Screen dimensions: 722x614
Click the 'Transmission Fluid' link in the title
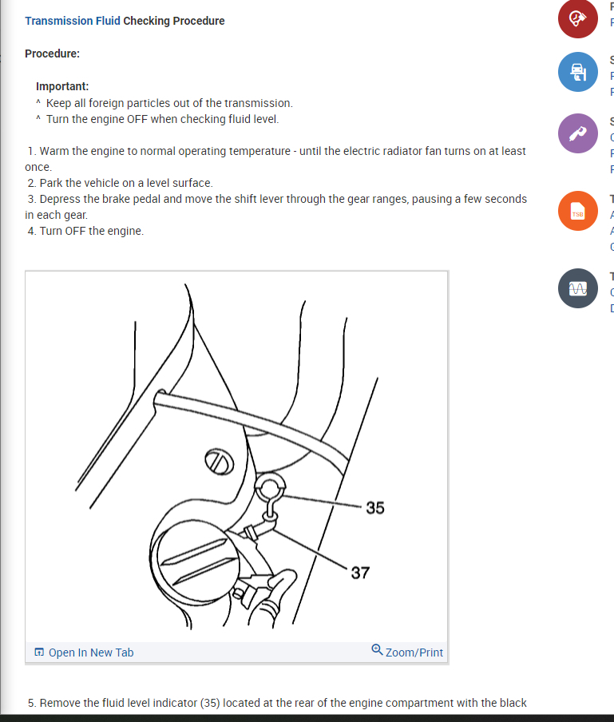click(x=72, y=21)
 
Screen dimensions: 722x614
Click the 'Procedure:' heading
click(x=52, y=54)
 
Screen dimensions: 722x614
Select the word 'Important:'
click(x=62, y=86)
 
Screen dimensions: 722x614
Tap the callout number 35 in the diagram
click(x=374, y=508)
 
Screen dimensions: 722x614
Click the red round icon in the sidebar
click(x=577, y=19)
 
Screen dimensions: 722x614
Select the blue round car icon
click(x=577, y=72)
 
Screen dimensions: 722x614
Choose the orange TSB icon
click(x=577, y=212)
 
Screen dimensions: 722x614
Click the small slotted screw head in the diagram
click(x=218, y=461)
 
